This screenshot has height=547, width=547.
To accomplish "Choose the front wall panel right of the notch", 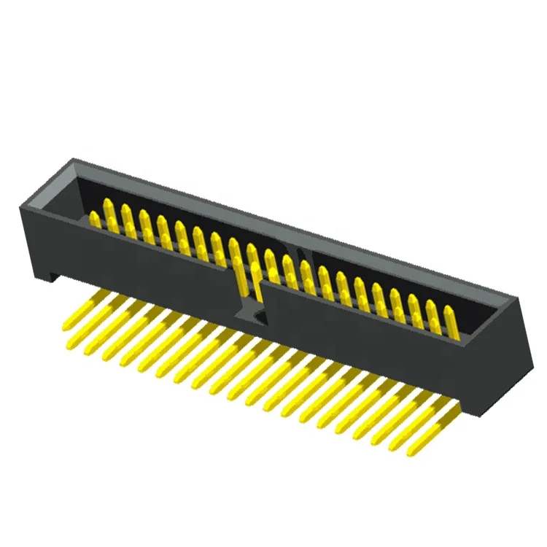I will [x=365, y=343].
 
